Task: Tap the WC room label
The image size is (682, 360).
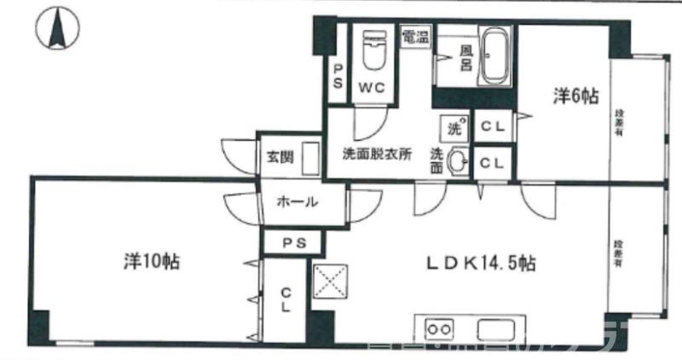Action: click(371, 86)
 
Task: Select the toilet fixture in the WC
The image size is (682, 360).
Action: click(373, 52)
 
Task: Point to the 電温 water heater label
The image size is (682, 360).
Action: click(415, 38)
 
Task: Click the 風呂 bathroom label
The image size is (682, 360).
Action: click(466, 58)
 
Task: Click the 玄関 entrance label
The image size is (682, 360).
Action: click(280, 157)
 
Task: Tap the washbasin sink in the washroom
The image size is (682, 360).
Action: click(459, 160)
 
